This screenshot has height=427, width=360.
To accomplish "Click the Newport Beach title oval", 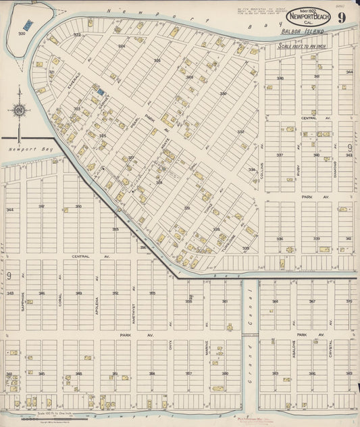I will [x=308, y=16].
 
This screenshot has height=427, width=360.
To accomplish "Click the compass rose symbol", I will [x=20, y=110].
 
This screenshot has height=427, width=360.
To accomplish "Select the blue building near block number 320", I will [x=27, y=25].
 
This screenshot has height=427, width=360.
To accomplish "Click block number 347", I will [x=41, y=206].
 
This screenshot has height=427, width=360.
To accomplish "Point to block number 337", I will [x=280, y=155].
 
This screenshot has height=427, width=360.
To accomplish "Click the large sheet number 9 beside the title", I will [x=342, y=17].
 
